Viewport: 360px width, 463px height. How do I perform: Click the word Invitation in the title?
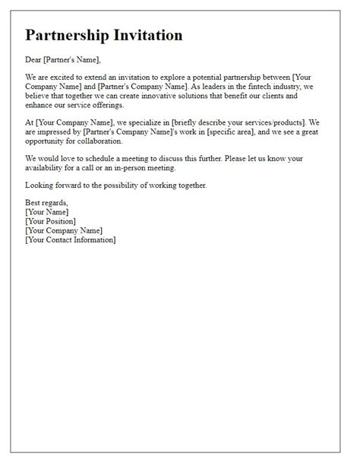click(149, 36)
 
